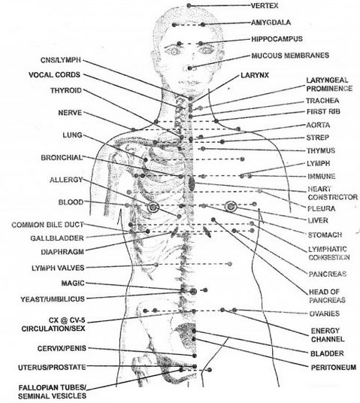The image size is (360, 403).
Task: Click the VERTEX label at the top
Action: coord(265,6)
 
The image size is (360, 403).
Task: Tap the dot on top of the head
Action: coord(189,5)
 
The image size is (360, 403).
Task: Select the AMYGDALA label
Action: coord(271,23)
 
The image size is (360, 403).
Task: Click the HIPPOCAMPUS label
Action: coord(277,39)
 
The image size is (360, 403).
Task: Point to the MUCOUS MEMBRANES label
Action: coord(290,56)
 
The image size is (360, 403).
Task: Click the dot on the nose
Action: coord(189,68)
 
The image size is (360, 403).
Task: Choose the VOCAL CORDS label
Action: coord(54,74)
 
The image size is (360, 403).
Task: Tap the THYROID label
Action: coord(66,90)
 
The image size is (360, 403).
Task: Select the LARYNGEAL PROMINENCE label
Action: coord(329,84)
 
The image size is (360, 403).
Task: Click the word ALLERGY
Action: coord(66,180)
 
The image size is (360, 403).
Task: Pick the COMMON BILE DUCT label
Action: coord(47,225)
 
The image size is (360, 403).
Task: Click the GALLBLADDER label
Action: coord(57,238)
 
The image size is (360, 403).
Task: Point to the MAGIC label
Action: coord(73,283)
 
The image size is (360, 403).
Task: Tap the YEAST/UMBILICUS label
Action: coord(53,299)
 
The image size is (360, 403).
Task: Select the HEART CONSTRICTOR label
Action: coord(333,193)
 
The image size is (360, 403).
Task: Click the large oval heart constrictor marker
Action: coord(192,183)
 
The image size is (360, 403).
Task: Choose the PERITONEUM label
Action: coord(334,367)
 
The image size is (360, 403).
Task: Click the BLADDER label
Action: coord(327,353)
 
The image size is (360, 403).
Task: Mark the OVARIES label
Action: coord(325,314)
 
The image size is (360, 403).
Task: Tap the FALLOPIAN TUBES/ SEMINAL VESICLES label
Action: coord(52,392)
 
